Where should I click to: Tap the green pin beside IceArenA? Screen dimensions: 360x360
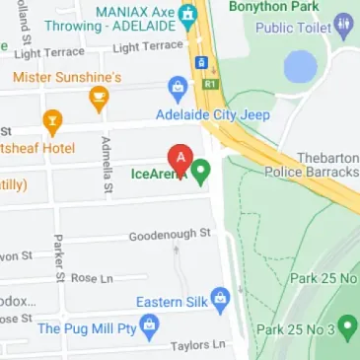[x=201, y=174]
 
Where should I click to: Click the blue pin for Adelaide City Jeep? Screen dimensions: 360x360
[x=177, y=88]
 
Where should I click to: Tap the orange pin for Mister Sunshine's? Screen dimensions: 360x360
[x=98, y=97]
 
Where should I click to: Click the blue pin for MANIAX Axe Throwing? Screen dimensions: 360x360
[x=186, y=16]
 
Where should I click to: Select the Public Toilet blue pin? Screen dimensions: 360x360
[x=343, y=24]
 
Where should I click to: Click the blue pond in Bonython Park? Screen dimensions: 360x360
[x=300, y=67]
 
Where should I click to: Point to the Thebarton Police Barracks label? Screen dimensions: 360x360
[x=315, y=164]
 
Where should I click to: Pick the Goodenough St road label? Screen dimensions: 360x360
[x=171, y=234]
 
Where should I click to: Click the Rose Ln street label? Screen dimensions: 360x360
[x=92, y=279]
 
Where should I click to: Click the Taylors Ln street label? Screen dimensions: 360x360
[x=197, y=344]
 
